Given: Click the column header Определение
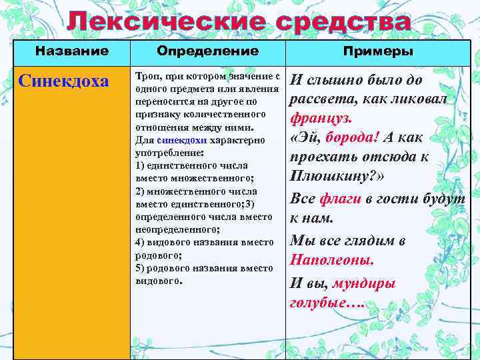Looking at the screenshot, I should click(208, 51).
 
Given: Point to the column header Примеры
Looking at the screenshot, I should click(378, 51).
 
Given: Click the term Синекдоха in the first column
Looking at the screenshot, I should click(64, 81).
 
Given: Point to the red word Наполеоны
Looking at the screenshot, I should click(332, 260).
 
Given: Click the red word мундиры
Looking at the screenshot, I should click(364, 283).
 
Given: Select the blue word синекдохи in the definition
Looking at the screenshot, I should click(182, 141).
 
